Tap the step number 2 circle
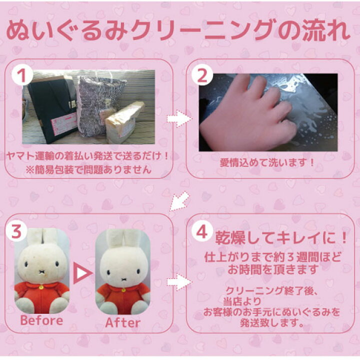(x=202, y=75)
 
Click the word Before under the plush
(x=41, y=320)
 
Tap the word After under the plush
(x=123, y=323)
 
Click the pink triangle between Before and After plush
(x=82, y=273)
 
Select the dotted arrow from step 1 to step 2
(x=179, y=118)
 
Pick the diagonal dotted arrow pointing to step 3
(x=179, y=201)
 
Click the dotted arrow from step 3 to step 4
(x=179, y=281)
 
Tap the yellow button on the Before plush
(x=41, y=287)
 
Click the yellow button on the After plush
(x=123, y=290)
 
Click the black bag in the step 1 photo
(x=51, y=109)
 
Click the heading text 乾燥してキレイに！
(x=281, y=238)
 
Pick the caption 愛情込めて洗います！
(x=267, y=162)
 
